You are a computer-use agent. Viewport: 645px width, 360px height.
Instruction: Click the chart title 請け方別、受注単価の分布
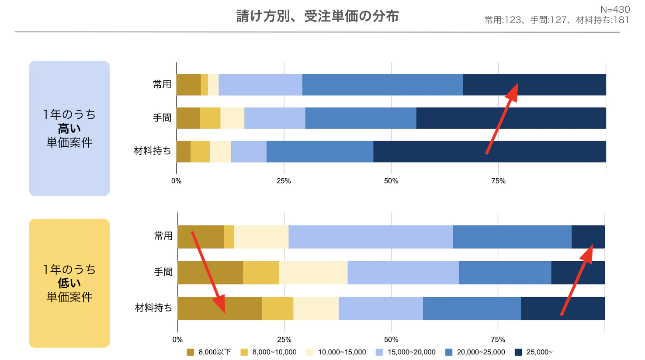[317, 16]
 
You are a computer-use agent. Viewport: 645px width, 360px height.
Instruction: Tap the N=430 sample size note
[615, 9]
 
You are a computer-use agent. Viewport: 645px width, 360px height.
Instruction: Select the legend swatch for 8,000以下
[190, 352]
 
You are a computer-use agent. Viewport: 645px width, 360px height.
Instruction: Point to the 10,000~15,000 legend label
[342, 352]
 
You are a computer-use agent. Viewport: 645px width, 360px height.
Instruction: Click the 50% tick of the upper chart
[391, 181]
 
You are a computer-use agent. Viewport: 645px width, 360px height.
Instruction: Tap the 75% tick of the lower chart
[498, 339]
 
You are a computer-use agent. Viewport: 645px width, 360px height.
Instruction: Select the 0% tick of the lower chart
[177, 339]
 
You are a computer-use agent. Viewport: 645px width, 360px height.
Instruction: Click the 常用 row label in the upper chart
[162, 84]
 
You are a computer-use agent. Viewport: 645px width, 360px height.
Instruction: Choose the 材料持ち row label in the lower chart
[153, 308]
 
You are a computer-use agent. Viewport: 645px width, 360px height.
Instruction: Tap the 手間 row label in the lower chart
[163, 272]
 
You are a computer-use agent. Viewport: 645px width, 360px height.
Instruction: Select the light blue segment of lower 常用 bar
[370, 237]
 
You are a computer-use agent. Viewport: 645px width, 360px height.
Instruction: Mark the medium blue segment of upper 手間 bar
[361, 118]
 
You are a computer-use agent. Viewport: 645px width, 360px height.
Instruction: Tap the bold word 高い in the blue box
[69, 128]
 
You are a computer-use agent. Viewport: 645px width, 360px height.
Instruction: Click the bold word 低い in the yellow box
[69, 283]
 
